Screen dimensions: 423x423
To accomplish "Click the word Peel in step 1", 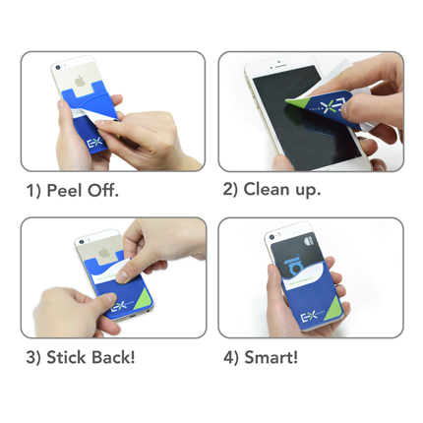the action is (x=64, y=190).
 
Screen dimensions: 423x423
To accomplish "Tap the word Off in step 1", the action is (x=102, y=190).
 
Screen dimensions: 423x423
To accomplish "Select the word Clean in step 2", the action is (x=267, y=189).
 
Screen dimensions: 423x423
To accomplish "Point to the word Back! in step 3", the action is (x=113, y=357).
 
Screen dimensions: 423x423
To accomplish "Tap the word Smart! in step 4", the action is (x=272, y=357).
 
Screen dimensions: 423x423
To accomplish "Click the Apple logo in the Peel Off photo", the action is (x=80, y=81).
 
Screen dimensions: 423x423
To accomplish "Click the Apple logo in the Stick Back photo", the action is (x=104, y=252).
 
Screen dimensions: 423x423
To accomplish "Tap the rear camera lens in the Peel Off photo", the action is (x=58, y=68).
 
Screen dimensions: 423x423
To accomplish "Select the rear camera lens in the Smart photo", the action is (x=272, y=237).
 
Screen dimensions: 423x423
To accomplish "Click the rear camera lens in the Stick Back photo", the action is (x=81, y=242).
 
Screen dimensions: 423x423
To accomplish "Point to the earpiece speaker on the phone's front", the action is (x=280, y=66).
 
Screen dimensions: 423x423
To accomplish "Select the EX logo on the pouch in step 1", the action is (x=95, y=144).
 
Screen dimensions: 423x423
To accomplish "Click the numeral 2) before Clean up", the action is (x=230, y=190).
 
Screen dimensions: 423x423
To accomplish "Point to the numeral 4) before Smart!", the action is (x=231, y=357).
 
